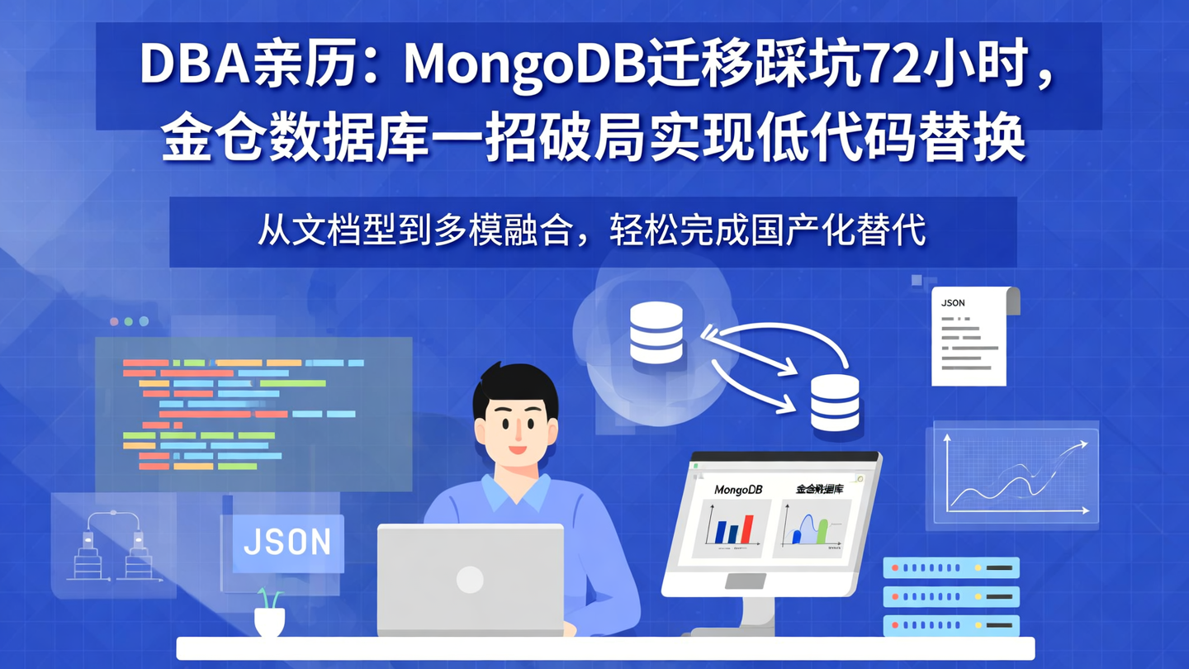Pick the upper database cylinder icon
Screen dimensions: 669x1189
click(x=656, y=332)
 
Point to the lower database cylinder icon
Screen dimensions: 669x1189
click(x=835, y=402)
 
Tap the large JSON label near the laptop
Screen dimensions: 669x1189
click(x=287, y=543)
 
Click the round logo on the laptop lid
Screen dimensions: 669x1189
click(x=470, y=579)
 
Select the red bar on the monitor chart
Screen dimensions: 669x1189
click(x=748, y=528)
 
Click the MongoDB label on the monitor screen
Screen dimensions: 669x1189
click(x=738, y=490)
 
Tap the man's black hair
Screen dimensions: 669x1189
click(x=514, y=388)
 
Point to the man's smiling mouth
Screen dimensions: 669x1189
click(x=517, y=449)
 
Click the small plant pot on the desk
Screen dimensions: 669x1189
click(x=269, y=620)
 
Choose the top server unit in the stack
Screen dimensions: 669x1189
click(x=951, y=568)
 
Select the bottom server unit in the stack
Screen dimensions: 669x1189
click(x=951, y=625)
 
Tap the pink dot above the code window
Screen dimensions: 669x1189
click(x=114, y=321)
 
